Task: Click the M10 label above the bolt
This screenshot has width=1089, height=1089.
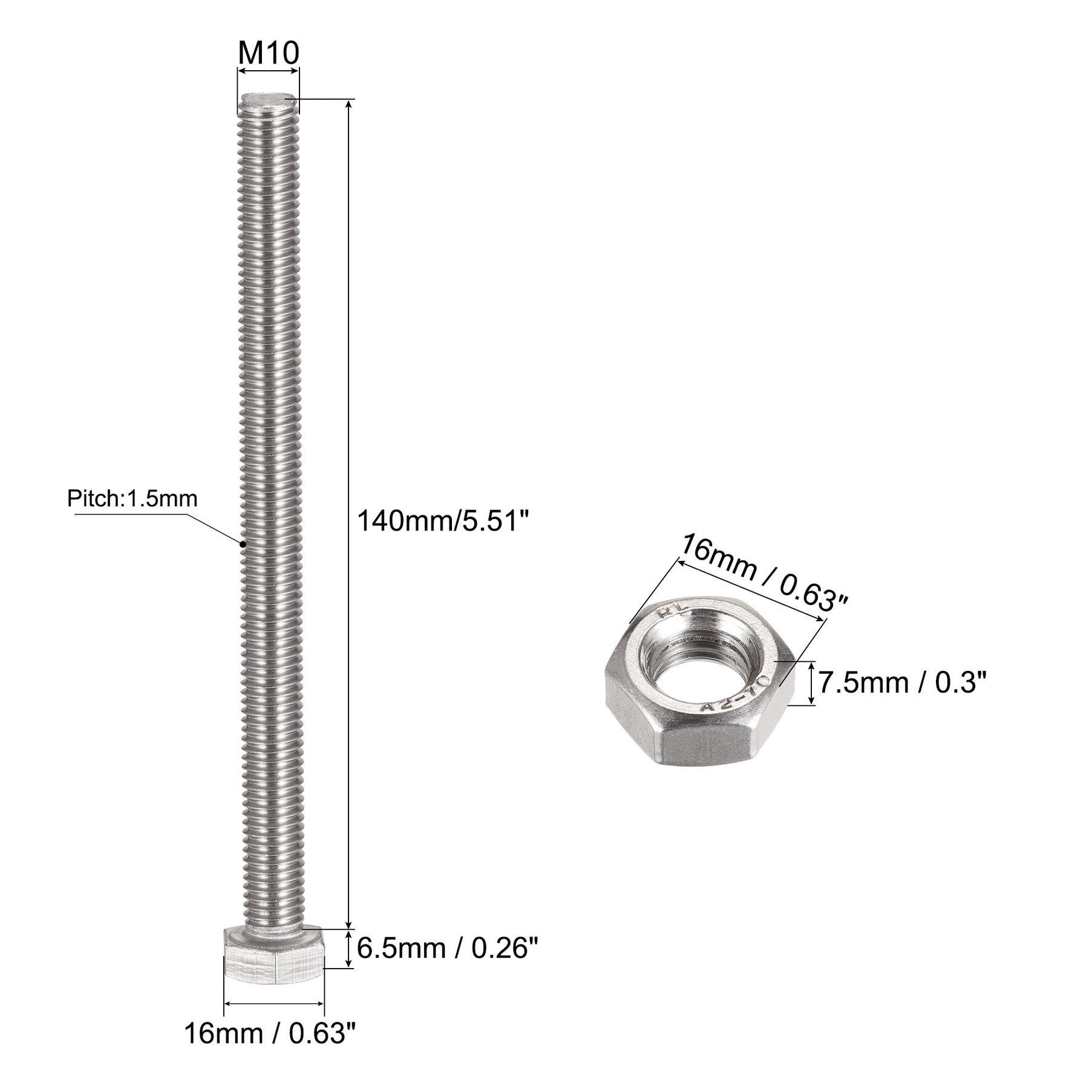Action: [268, 54]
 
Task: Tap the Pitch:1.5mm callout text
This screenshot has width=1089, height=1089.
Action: [132, 499]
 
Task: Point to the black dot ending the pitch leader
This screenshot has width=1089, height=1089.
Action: [243, 543]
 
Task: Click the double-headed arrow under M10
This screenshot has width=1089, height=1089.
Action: [268, 71]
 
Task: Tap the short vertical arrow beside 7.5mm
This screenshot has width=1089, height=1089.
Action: [812, 683]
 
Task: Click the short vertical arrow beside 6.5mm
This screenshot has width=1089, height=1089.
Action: [349, 966]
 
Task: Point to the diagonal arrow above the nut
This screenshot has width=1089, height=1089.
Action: [750, 590]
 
